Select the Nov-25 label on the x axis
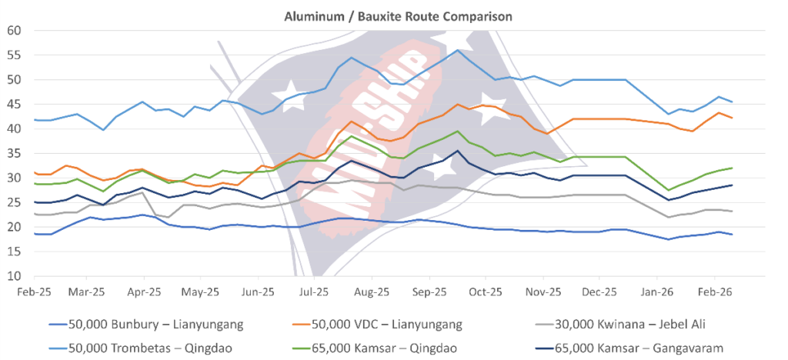coord(543,292)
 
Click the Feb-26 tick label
coord(714,292)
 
